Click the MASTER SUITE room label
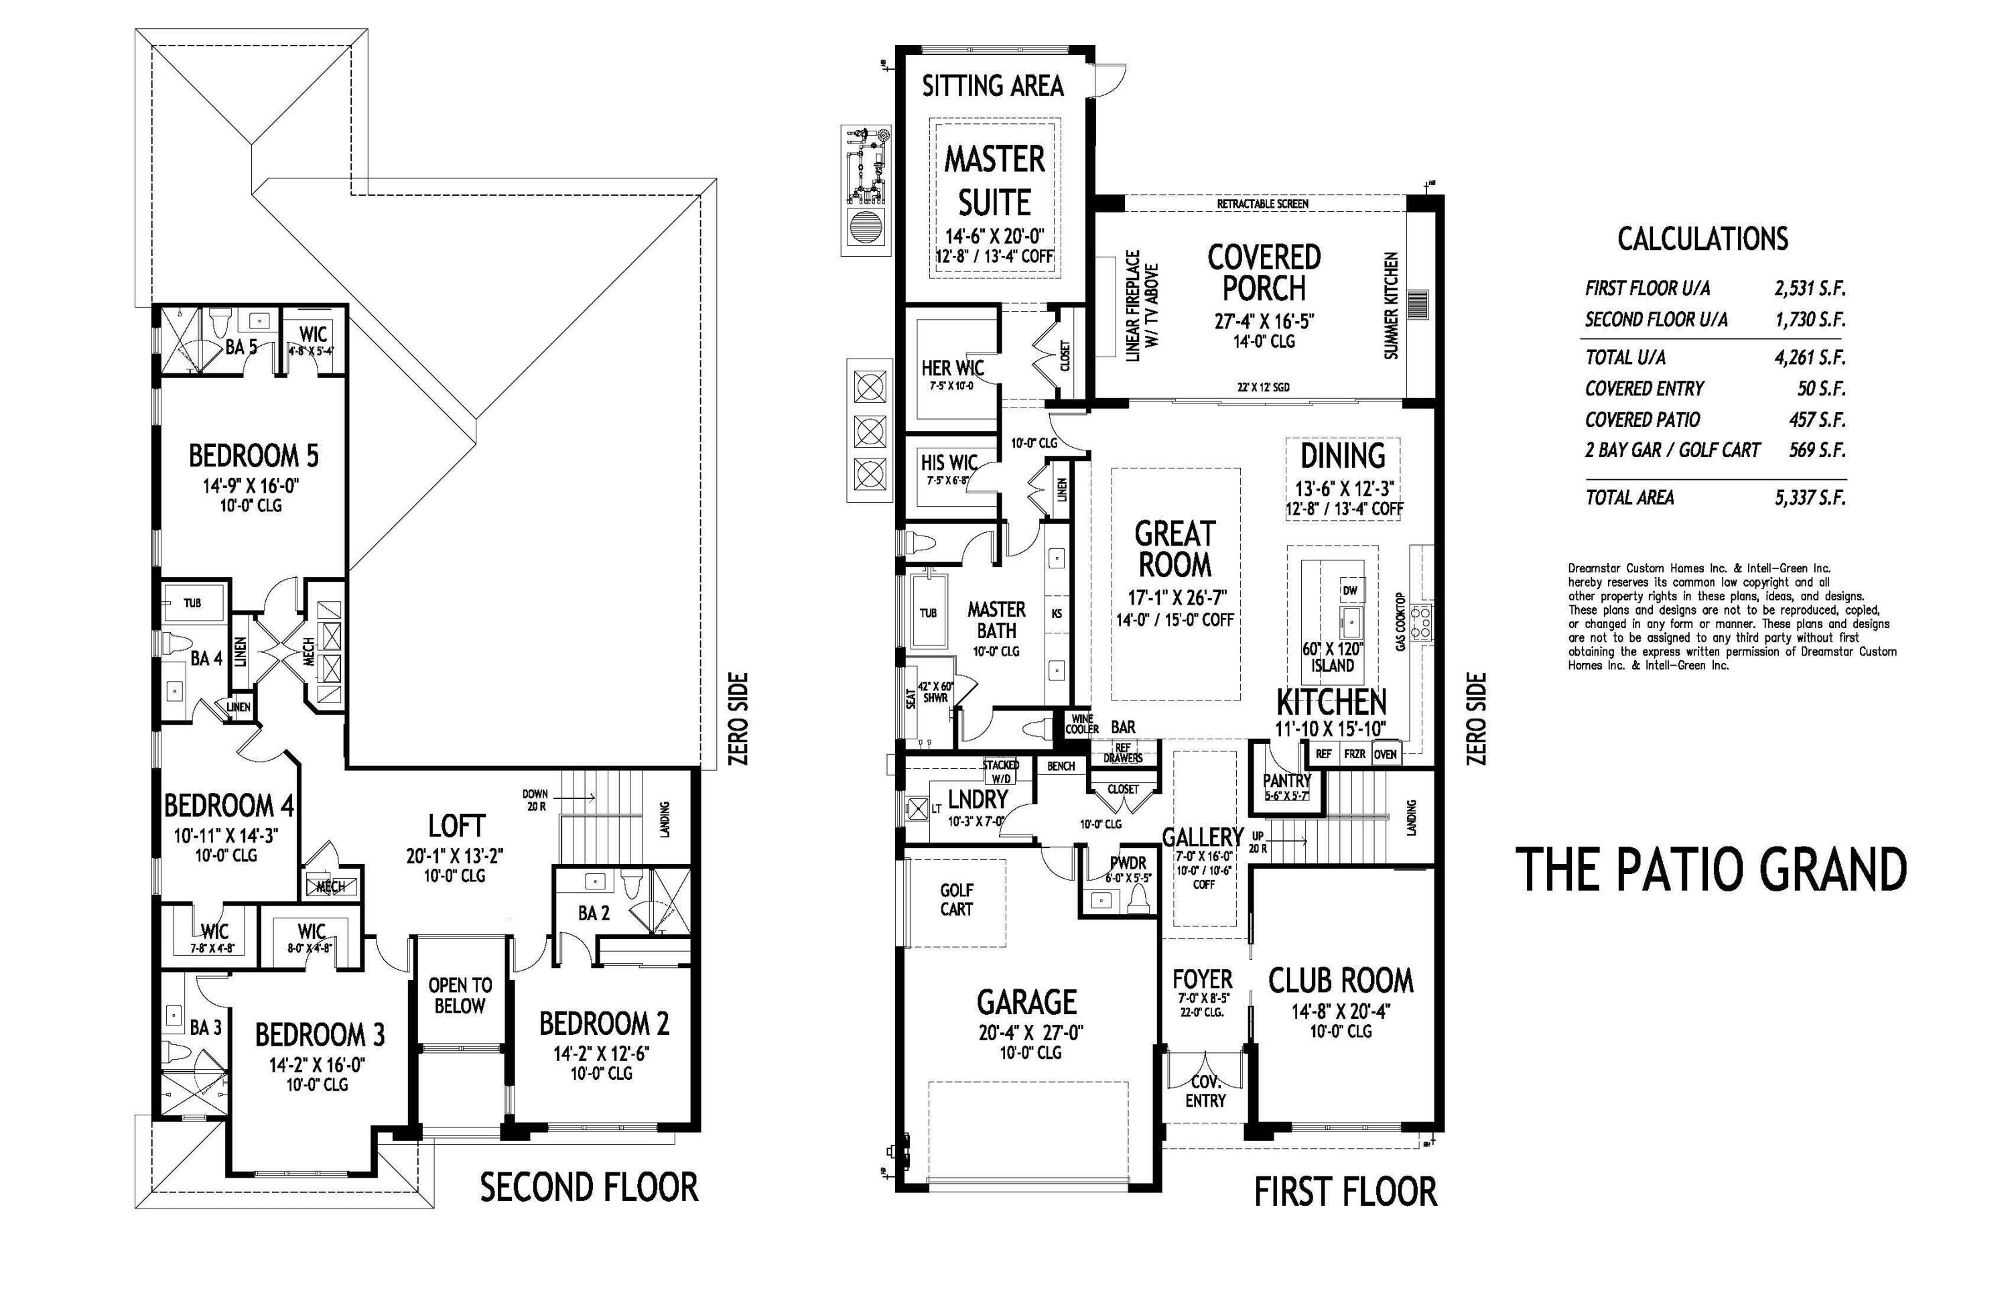pyautogui.click(x=994, y=181)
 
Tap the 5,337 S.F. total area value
pyautogui.click(x=1809, y=497)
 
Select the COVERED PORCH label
pyautogui.click(x=1264, y=272)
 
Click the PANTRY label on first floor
pyautogui.click(x=1286, y=781)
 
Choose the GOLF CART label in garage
pyautogui.click(x=956, y=900)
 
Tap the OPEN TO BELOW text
pyautogui.click(x=460, y=995)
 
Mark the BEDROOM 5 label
pyautogui.click(x=253, y=456)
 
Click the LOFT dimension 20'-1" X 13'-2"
pyautogui.click(x=454, y=856)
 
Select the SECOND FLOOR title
pyautogui.click(x=589, y=1188)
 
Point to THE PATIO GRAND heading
pyautogui.click(x=1711, y=870)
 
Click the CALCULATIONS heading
pyautogui.click(x=1702, y=239)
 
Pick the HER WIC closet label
pyautogui.click(x=952, y=369)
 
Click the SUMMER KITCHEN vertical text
pyautogui.click(x=1391, y=306)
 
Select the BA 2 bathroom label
pyautogui.click(x=594, y=913)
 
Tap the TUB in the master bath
pyautogui.click(x=928, y=613)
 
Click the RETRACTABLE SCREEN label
pyautogui.click(x=1262, y=204)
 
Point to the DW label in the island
pyautogui.click(x=1349, y=591)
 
